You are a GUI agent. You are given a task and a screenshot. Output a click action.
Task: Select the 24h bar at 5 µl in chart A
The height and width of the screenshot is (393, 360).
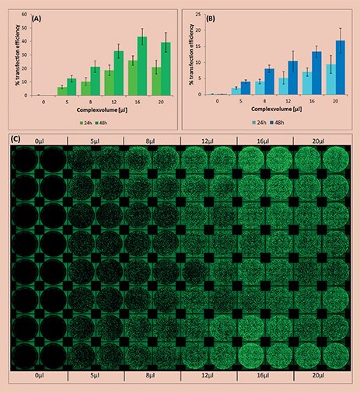coord(61,91)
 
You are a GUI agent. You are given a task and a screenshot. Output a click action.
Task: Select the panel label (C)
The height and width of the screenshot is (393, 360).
coord(15,138)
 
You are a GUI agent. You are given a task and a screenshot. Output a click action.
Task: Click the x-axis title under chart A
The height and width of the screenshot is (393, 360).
coord(94,110)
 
